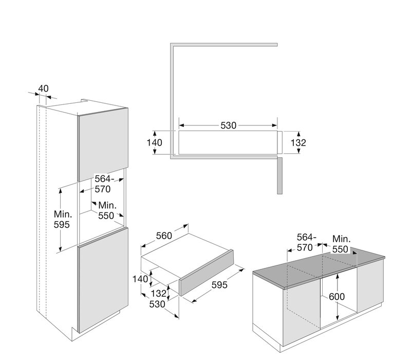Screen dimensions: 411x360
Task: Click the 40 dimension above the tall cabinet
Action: click(43, 88)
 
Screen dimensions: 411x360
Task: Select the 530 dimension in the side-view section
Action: click(228, 125)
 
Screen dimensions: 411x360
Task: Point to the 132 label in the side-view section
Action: click(298, 142)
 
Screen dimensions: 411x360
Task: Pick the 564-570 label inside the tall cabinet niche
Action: click(103, 184)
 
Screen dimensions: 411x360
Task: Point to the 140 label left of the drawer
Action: click(140, 279)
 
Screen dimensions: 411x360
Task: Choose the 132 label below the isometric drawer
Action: click(159, 293)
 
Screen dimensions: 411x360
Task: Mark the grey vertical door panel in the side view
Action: click(279, 175)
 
